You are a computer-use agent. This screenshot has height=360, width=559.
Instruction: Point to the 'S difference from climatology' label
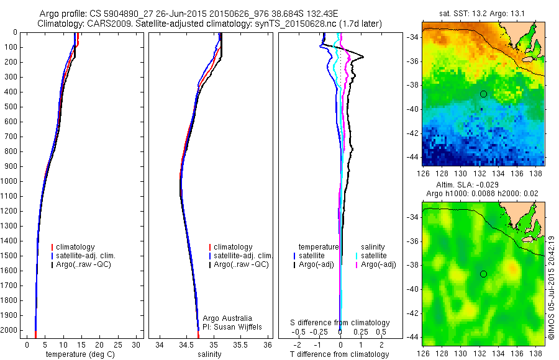click(340, 323)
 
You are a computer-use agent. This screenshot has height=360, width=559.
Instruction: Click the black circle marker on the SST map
click(483, 94)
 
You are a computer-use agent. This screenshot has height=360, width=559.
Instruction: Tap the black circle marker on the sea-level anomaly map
click(483, 274)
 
